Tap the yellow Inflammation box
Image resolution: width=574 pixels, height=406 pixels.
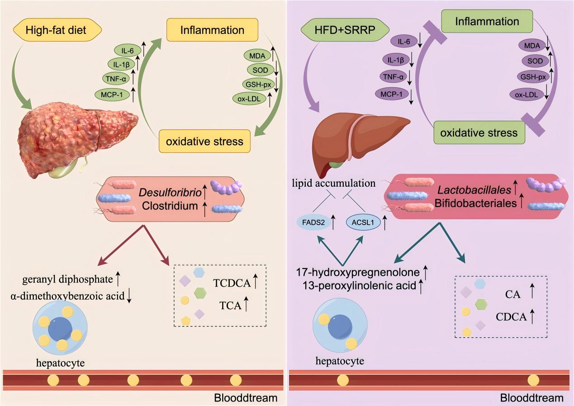click(212, 31)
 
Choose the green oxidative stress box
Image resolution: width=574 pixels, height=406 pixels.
click(479, 133)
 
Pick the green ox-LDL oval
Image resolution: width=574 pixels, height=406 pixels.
click(249, 99)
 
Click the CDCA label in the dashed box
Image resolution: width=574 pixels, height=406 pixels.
click(511, 317)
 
